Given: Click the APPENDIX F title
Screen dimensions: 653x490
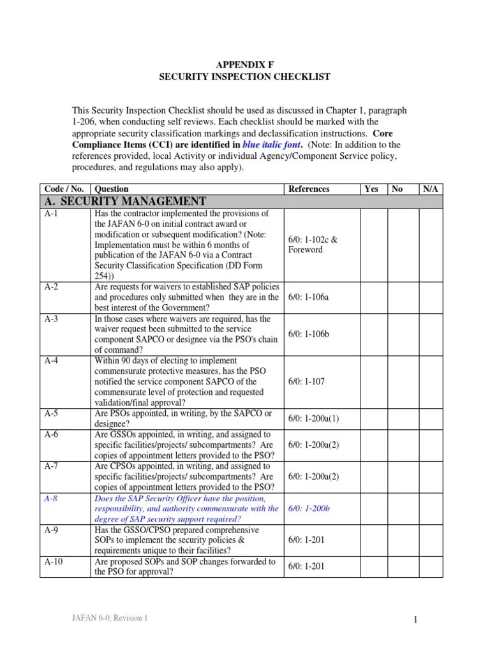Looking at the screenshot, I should point(244,64).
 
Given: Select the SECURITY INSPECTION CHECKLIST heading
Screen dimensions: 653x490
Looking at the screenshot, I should point(244,77).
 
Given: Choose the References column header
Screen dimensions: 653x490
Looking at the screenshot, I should point(309,189).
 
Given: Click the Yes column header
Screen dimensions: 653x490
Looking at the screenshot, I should point(371,189).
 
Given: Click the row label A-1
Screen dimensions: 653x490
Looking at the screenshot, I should point(51,214).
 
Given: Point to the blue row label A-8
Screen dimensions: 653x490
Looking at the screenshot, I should point(51,499).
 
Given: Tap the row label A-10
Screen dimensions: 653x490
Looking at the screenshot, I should point(54,562).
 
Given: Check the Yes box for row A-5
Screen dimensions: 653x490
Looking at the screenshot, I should point(373,418).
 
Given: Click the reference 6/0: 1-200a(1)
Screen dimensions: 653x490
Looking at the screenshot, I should point(317,418).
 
